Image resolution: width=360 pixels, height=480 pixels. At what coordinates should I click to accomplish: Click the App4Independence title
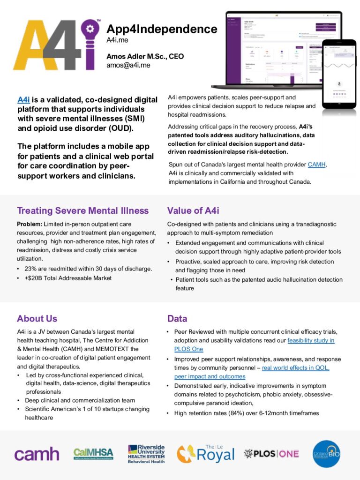click(x=162, y=29)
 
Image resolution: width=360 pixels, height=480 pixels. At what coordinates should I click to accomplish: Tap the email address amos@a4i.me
click(x=128, y=65)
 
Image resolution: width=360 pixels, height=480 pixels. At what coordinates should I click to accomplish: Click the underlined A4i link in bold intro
click(x=23, y=99)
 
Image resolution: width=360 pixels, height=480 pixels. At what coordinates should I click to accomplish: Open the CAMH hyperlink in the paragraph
click(x=317, y=164)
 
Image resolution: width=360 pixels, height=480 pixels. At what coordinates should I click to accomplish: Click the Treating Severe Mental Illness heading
click(x=82, y=210)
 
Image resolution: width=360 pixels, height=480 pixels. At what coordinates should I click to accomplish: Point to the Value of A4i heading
click(x=193, y=210)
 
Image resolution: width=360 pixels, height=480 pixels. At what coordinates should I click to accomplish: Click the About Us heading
click(x=37, y=319)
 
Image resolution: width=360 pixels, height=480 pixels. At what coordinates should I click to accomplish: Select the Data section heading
click(x=177, y=319)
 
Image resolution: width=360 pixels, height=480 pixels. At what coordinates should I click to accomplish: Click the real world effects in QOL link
click(x=295, y=367)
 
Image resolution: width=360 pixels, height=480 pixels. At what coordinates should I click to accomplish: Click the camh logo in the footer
click(x=37, y=454)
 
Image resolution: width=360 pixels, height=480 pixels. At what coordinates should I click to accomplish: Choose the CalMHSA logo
click(x=93, y=453)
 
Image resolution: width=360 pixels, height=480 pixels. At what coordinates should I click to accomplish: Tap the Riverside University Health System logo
click(x=146, y=454)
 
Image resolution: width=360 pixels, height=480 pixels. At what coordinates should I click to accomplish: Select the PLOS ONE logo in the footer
click(x=271, y=453)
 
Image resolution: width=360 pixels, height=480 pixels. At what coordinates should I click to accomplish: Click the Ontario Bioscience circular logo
click(x=326, y=453)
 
